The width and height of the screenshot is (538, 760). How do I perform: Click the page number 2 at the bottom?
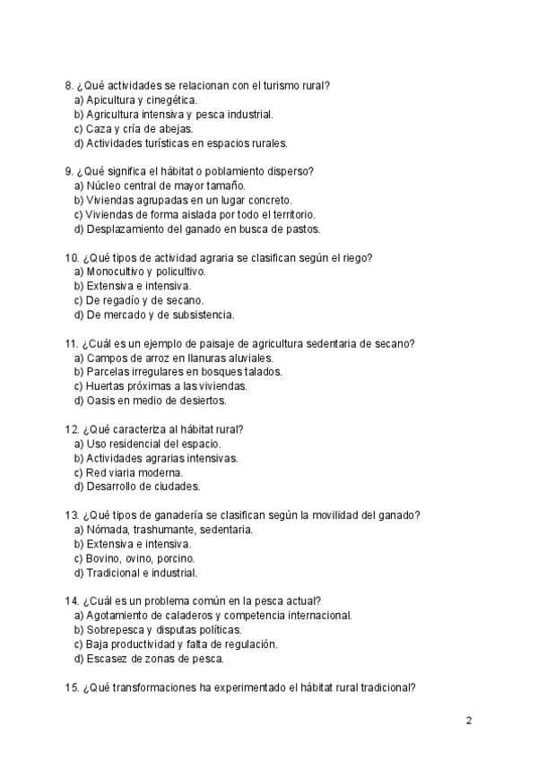click(x=469, y=720)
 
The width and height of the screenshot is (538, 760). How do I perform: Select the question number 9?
click(x=68, y=172)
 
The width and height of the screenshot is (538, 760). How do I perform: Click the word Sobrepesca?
click(x=116, y=630)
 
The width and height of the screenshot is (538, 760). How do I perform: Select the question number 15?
click(x=72, y=687)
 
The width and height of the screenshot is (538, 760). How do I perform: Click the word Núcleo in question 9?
click(x=104, y=186)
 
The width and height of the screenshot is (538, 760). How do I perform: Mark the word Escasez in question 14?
click(x=108, y=659)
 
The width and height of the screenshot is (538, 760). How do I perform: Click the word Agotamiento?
click(x=122, y=616)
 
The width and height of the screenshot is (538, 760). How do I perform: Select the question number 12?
click(x=72, y=429)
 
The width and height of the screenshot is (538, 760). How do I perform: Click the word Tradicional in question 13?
click(x=113, y=573)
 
